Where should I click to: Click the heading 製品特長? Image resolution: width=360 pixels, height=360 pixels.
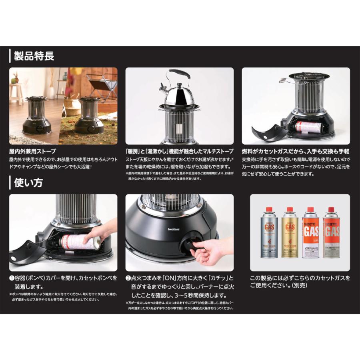tap(34, 56)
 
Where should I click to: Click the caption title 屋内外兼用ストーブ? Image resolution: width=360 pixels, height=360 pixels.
tap(33, 152)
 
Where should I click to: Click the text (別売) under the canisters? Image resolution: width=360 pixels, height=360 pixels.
tap(296, 286)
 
